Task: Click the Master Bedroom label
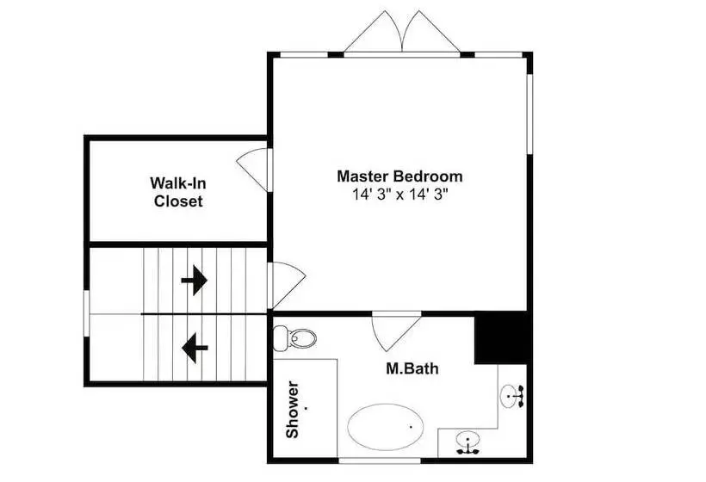pyautogui.click(x=399, y=176)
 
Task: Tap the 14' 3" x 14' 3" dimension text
pyautogui.click(x=400, y=195)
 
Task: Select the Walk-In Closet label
pyautogui.click(x=178, y=192)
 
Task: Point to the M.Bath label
pyautogui.click(x=412, y=368)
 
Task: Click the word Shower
pyautogui.click(x=292, y=409)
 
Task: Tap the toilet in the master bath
pyautogui.click(x=295, y=338)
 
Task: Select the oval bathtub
pyautogui.click(x=386, y=427)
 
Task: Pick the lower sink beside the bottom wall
pyautogui.click(x=468, y=442)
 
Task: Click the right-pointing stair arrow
pyautogui.click(x=194, y=280)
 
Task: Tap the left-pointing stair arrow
pyautogui.click(x=195, y=348)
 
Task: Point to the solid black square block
pyautogui.click(x=501, y=337)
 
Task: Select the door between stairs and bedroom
pyautogui.click(x=287, y=286)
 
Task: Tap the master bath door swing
pyautogui.click(x=396, y=331)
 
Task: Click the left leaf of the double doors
pyautogui.click(x=374, y=32)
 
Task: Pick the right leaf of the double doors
pyautogui.click(x=430, y=32)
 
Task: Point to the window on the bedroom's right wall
pyautogui.click(x=530, y=114)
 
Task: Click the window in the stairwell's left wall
pyautogui.click(x=86, y=313)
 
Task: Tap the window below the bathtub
pyautogui.click(x=380, y=460)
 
